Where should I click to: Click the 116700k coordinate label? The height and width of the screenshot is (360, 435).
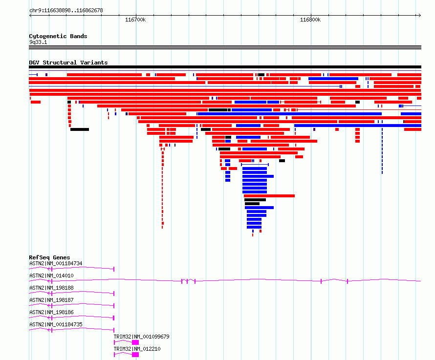tap(135, 20)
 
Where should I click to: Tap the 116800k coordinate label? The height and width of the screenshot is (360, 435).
tap(310, 20)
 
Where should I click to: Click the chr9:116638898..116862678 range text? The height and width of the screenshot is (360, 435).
tap(66, 10)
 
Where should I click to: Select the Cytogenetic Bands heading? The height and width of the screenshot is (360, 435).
tap(58, 36)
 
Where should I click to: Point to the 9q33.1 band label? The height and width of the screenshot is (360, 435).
tap(38, 42)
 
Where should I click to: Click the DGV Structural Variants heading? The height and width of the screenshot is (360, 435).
tap(68, 63)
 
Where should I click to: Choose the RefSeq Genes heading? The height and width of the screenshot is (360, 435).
tap(49, 257)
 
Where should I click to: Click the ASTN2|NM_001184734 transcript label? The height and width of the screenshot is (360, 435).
tap(56, 263)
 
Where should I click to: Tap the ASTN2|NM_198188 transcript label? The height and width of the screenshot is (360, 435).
tap(51, 288)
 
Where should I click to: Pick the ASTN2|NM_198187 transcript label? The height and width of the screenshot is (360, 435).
tap(51, 300)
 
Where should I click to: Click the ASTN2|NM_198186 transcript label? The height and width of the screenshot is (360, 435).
tap(51, 312)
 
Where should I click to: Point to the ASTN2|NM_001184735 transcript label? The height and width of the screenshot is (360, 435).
tap(56, 324)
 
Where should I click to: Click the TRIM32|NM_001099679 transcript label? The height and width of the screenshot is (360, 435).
tap(141, 337)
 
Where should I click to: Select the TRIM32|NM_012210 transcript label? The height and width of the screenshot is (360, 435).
tap(137, 349)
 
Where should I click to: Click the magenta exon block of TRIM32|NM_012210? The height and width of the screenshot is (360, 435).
tap(135, 355)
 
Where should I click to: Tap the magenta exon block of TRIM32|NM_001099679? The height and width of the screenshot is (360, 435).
tap(135, 342)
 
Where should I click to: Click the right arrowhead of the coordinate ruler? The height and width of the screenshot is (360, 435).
tap(420, 15)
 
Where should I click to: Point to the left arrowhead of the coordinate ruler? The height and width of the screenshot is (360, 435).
tap(30, 15)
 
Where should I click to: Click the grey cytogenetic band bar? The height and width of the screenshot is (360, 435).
tap(225, 47)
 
